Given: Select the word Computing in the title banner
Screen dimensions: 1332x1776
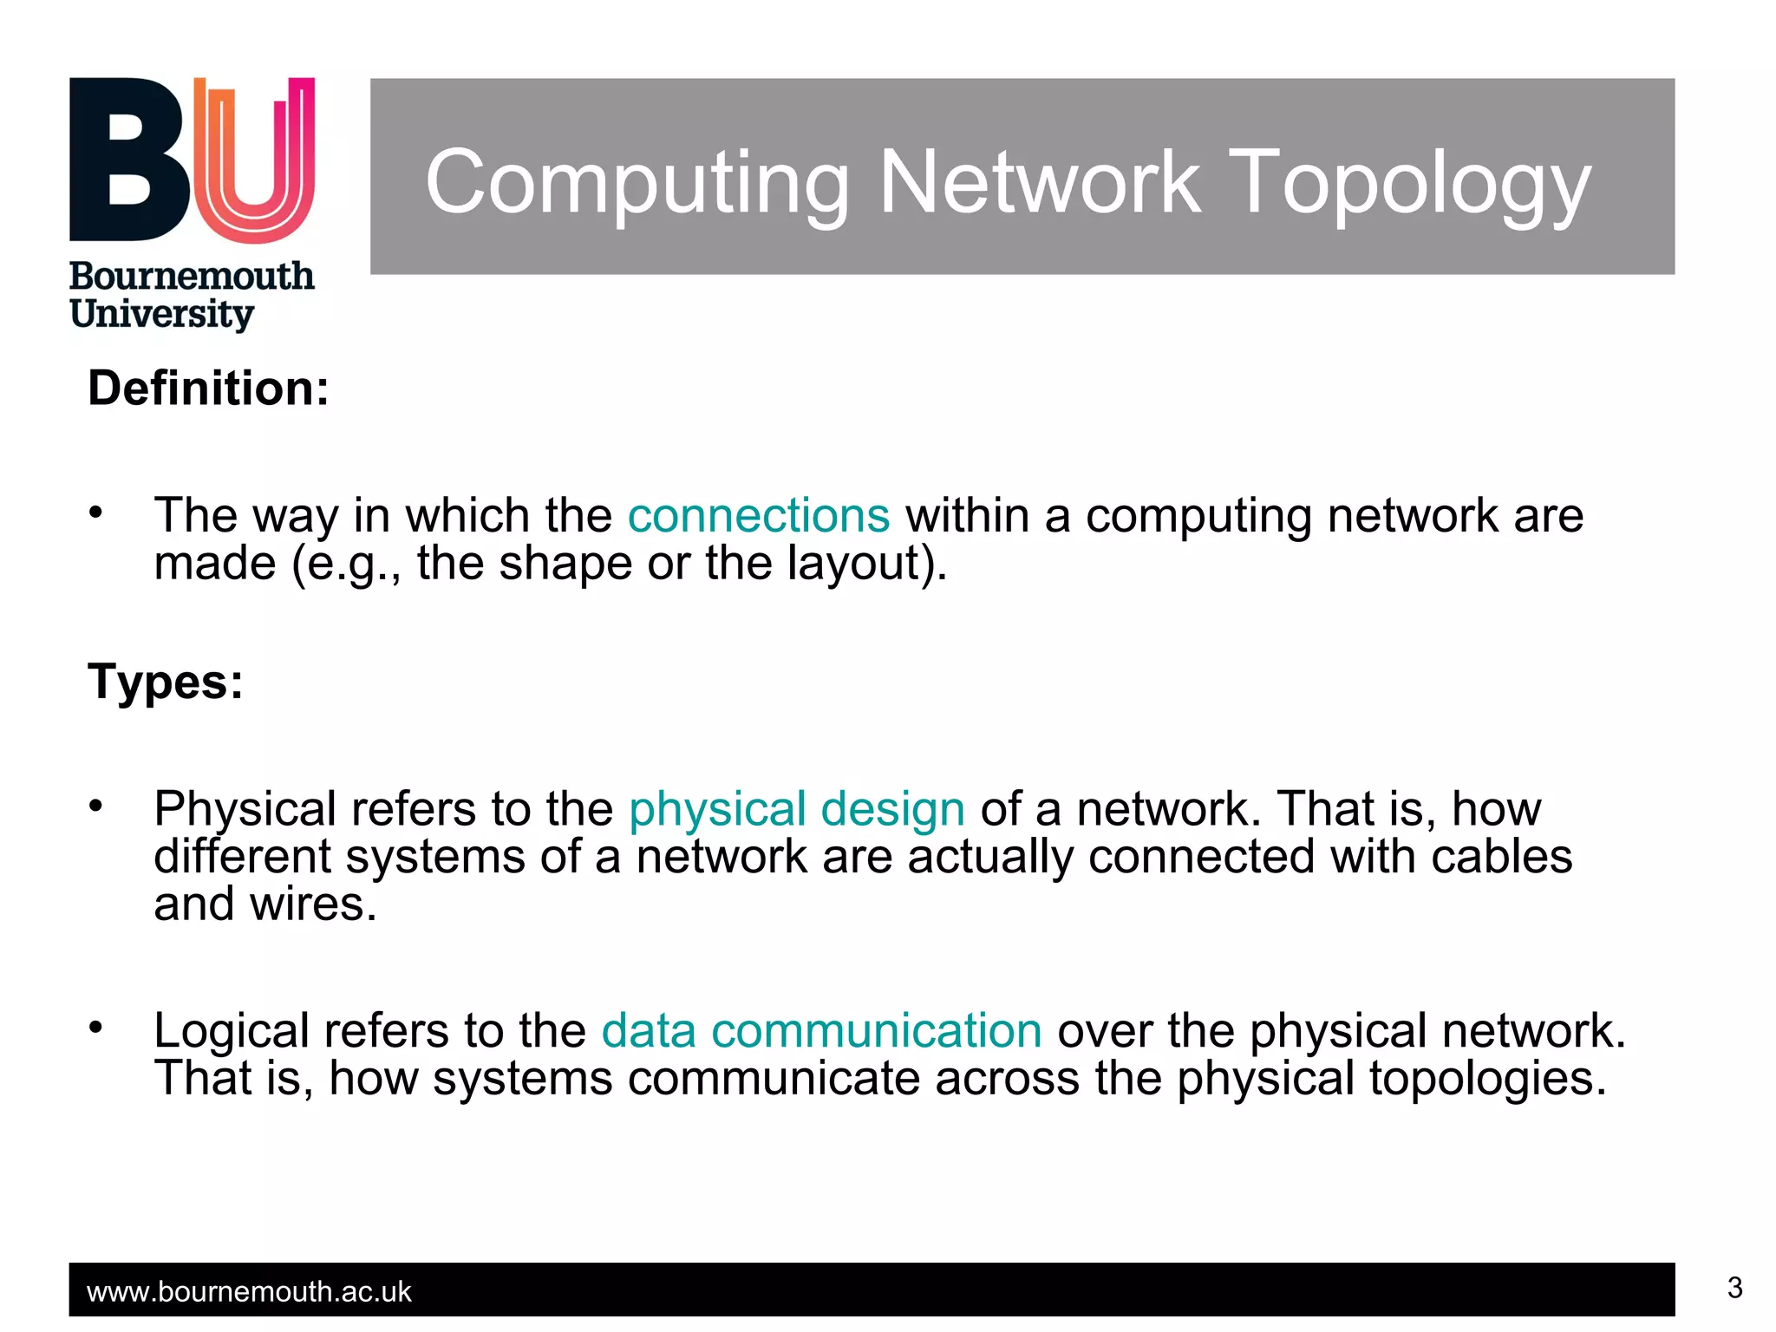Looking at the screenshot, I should click(x=637, y=184).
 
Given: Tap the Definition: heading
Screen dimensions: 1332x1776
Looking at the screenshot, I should click(x=208, y=388).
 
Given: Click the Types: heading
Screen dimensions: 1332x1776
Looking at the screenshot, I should click(x=166, y=682).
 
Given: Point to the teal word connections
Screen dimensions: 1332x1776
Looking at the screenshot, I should click(x=759, y=516).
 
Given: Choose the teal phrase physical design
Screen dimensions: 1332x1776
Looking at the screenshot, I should click(x=796, y=809).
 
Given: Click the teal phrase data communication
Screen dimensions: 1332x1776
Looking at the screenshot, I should click(x=821, y=1031).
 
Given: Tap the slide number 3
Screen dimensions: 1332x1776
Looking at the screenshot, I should click(x=1734, y=1288).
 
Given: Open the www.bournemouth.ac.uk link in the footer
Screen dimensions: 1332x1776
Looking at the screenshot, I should click(x=249, y=1292).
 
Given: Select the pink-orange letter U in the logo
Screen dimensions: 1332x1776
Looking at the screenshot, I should click(x=254, y=160).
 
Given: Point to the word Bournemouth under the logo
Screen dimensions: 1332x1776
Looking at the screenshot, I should click(x=192, y=277).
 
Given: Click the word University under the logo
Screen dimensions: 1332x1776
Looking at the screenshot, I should click(x=161, y=314).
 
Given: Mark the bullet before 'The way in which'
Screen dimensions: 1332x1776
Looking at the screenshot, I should click(x=96, y=513).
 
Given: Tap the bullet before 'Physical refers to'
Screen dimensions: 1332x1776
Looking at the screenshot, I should click(x=96, y=806).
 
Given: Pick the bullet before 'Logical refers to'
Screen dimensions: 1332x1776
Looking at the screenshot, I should click(x=96, y=1028).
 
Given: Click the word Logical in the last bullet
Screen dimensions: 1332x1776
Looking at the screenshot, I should click(x=232, y=1031).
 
